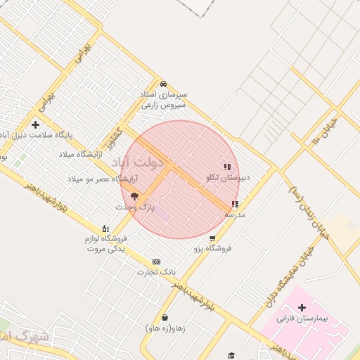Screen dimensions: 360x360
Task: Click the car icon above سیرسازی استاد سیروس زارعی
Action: coord(163,84)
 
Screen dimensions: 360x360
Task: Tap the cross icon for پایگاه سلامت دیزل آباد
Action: coord(35,125)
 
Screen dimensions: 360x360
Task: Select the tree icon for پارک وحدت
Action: coord(134,197)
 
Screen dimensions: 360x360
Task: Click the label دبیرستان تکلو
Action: coord(228,178)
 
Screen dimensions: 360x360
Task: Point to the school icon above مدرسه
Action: coord(234,205)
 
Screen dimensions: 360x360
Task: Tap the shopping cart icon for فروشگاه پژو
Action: coord(212,238)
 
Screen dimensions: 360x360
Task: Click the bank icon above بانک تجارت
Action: coord(156,262)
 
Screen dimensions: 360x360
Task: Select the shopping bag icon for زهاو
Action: coord(165,318)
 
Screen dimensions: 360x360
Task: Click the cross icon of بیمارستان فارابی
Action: coord(302,307)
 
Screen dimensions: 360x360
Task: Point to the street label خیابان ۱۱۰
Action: coord(325,132)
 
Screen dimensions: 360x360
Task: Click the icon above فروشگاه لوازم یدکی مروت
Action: coord(105,229)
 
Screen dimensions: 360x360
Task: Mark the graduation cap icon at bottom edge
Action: coord(231,356)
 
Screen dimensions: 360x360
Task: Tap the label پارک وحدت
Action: coord(134,207)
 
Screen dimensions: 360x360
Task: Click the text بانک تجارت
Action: coord(155,272)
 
